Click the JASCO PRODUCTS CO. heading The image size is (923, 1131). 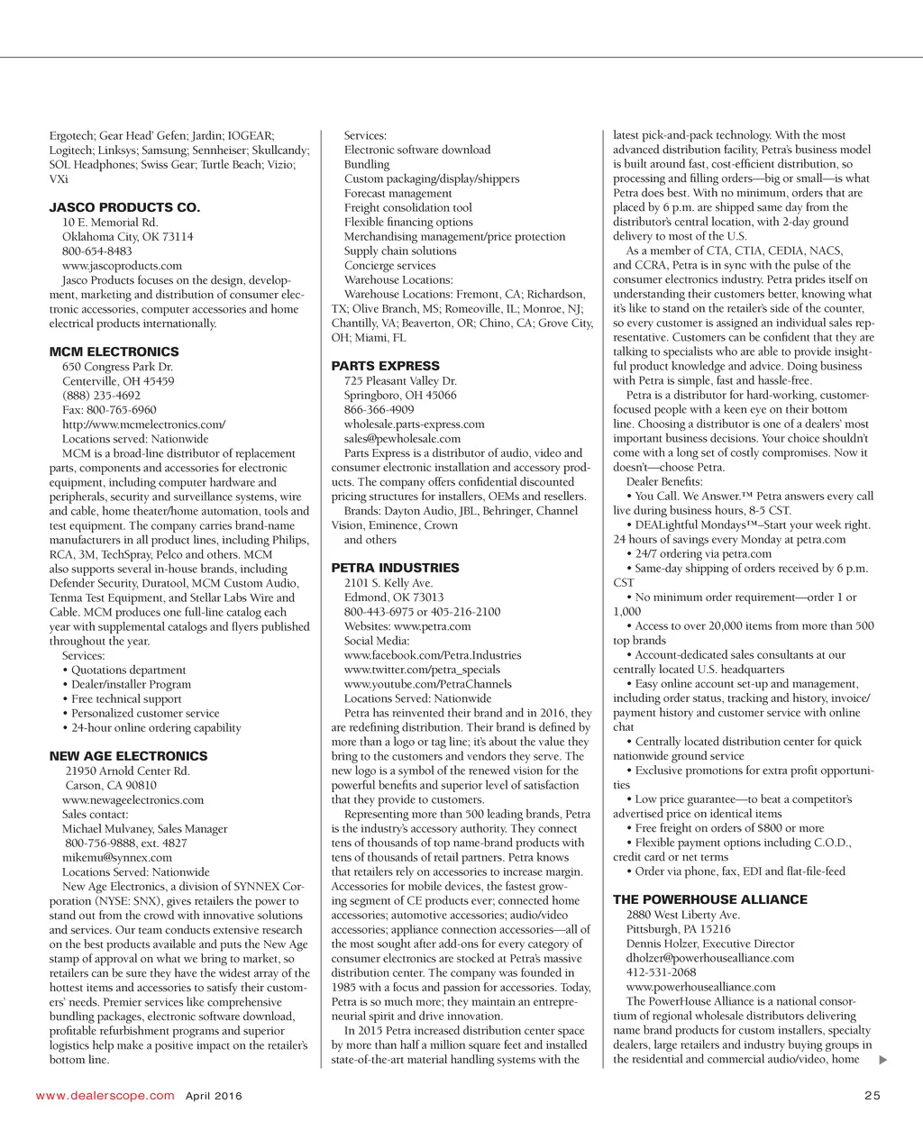pos(124,207)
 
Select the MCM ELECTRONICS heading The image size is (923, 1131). pos(114,351)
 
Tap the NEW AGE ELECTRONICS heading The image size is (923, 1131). pos(128,756)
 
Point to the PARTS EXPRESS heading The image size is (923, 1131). pos(385,366)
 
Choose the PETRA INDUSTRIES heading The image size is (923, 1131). pos(395,568)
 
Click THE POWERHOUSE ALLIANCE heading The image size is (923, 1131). pos(710,899)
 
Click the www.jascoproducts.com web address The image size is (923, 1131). pos(122,266)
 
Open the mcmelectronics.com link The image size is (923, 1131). pos(143,424)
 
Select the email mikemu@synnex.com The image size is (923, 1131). pos(116,858)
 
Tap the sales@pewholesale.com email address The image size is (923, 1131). pos(402,439)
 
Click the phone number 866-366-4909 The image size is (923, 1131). pos(379,410)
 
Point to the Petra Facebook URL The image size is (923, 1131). pos(433,655)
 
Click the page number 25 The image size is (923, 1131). pos(872,1096)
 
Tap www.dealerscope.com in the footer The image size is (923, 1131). pos(105,1096)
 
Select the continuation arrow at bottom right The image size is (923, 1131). pos(882,1060)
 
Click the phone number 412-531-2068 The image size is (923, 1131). pos(661,972)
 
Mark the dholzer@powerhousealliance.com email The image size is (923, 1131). pos(710,958)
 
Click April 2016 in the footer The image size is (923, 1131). pos(214,1096)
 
